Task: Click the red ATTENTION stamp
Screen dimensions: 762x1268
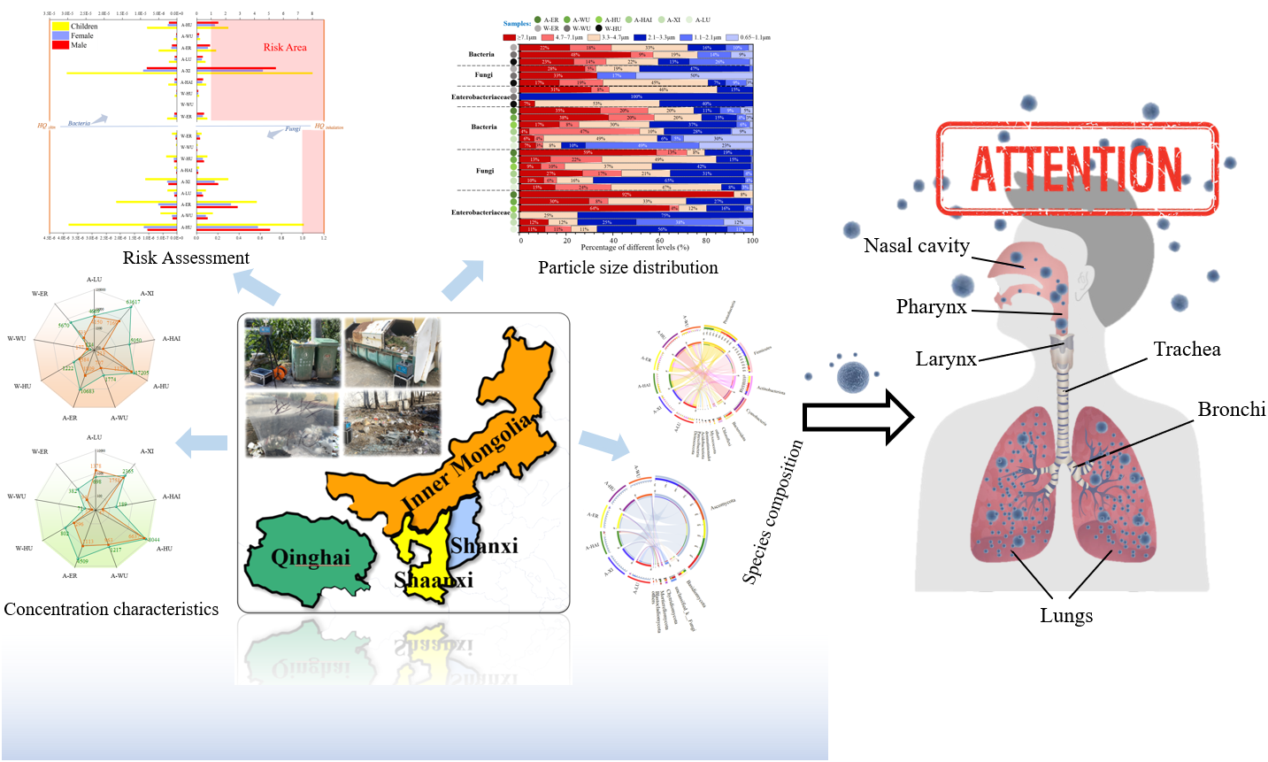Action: click(1076, 169)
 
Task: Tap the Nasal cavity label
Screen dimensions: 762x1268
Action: click(917, 246)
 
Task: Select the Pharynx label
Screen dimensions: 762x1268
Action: click(931, 307)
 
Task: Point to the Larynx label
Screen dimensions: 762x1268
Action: click(946, 358)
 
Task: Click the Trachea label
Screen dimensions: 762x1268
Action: click(1187, 350)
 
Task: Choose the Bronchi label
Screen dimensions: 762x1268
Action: click(1231, 410)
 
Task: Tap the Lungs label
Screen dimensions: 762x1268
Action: click(1066, 616)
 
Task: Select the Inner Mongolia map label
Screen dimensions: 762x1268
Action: click(467, 462)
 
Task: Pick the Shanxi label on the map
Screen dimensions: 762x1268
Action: click(484, 546)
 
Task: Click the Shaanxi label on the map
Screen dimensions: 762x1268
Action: click(434, 581)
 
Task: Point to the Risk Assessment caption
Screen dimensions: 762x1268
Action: click(186, 258)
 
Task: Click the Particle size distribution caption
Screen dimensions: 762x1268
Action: click(627, 267)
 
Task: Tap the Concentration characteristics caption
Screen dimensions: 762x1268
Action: click(111, 609)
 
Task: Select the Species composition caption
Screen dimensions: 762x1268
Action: click(772, 512)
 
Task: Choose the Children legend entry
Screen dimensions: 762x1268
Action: click(84, 27)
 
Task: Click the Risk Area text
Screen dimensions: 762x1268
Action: click(285, 48)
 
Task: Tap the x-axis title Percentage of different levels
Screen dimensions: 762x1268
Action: click(634, 248)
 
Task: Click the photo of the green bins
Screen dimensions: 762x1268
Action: click(292, 353)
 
